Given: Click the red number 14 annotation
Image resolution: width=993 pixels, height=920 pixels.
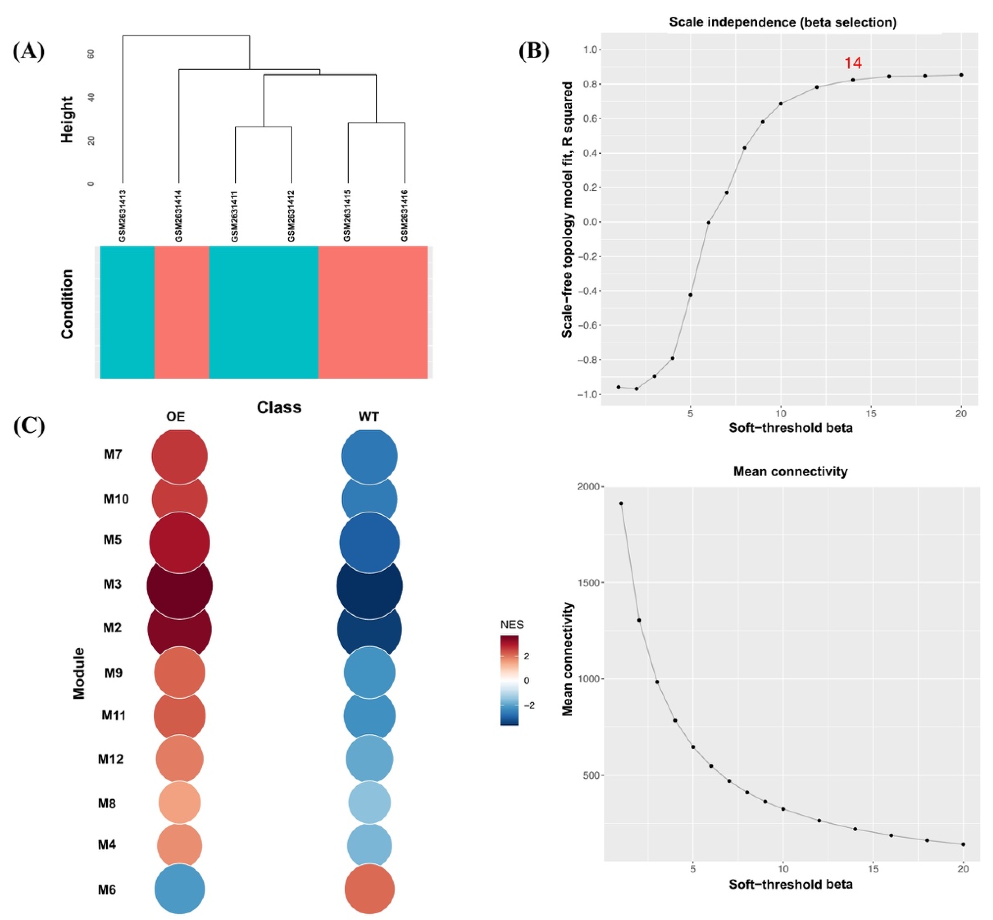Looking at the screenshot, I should (x=853, y=63).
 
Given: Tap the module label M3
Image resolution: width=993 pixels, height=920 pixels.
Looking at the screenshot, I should (x=113, y=584).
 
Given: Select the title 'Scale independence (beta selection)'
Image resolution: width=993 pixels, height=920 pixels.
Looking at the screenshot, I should (x=782, y=22).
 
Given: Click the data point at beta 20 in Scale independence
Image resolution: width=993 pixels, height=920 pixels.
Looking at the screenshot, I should (x=961, y=75).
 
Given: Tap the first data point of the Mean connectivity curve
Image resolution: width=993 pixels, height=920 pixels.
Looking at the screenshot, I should (x=621, y=503).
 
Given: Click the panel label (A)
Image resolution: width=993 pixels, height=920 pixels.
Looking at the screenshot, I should (x=28, y=51).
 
